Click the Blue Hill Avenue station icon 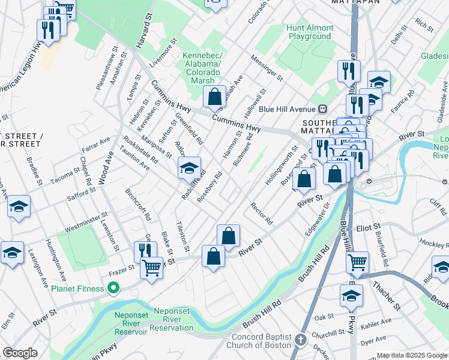(322, 109)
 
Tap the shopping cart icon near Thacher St (357, 262)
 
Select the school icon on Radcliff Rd (189, 168)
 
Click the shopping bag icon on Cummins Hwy (214, 97)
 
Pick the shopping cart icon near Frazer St (151, 268)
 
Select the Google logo (20, 352)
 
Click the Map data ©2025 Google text (411, 355)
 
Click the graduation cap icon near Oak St (351, 295)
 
